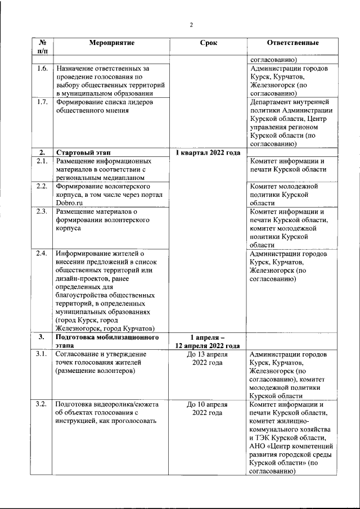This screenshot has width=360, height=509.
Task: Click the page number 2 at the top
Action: (191, 25)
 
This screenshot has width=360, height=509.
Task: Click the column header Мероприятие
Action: (111, 43)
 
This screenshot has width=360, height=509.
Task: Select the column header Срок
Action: (208, 43)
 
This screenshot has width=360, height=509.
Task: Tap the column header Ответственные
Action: (292, 43)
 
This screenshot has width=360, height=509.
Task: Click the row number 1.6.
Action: (42, 69)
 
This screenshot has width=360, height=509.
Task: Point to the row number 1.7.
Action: (42, 102)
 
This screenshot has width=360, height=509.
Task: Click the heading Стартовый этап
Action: (83, 152)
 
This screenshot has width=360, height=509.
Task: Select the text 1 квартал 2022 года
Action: (208, 152)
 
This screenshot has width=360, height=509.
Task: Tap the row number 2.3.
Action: (42, 211)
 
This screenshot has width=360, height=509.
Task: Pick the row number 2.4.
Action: (42, 254)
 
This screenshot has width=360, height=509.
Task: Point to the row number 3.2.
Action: (42, 404)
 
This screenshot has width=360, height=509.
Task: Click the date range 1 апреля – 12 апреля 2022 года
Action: (208, 341)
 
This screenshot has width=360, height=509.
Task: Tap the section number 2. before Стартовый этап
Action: (42, 152)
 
